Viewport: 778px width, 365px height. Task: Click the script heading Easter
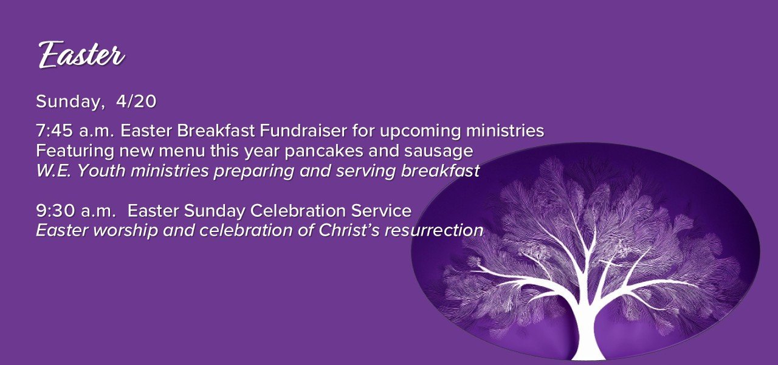[81, 54]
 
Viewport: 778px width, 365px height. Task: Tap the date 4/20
[136, 101]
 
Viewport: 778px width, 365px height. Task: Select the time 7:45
[55, 131]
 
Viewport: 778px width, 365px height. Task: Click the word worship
[125, 231]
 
